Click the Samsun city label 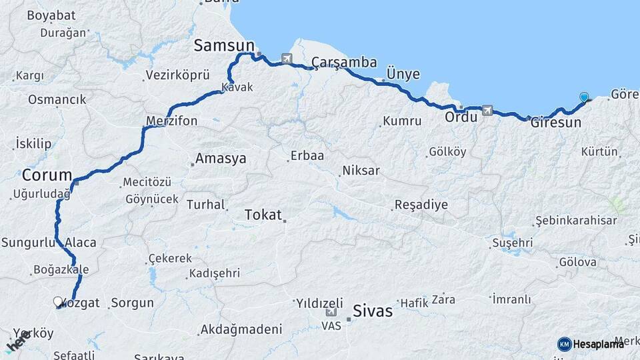(224, 45)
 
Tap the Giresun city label (555, 123)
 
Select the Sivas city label (373, 310)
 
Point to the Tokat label (263, 215)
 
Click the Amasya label (220, 159)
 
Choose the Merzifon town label (171, 121)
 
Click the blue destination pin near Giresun (584, 97)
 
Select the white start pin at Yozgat (57, 301)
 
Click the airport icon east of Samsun (287, 59)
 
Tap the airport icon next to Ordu (487, 110)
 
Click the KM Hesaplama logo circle (564, 344)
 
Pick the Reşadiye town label (421, 205)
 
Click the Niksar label (361, 171)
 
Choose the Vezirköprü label (177, 76)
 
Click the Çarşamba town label (344, 63)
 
